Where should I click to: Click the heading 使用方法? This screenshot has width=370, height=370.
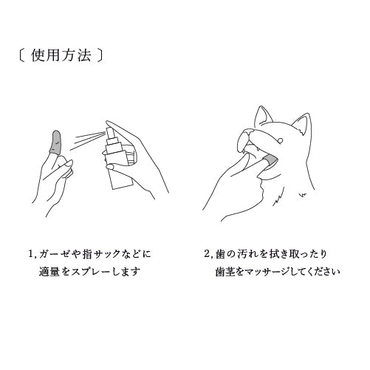pyautogui.click(x=61, y=55)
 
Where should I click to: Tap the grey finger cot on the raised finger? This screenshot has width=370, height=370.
pyautogui.click(x=56, y=143)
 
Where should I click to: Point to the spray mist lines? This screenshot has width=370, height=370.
pyautogui.click(x=87, y=140)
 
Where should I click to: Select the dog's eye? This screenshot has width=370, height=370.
pyautogui.click(x=280, y=140)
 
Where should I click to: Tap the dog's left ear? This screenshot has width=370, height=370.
pyautogui.click(x=264, y=116)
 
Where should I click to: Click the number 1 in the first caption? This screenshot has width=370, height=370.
pyautogui.click(x=31, y=254)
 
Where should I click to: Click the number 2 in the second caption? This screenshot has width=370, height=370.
pyautogui.click(x=207, y=254)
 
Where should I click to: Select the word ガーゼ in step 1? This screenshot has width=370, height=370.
pyautogui.click(x=52, y=254)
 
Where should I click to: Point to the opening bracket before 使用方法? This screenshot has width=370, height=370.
pyautogui.click(x=21, y=55)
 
